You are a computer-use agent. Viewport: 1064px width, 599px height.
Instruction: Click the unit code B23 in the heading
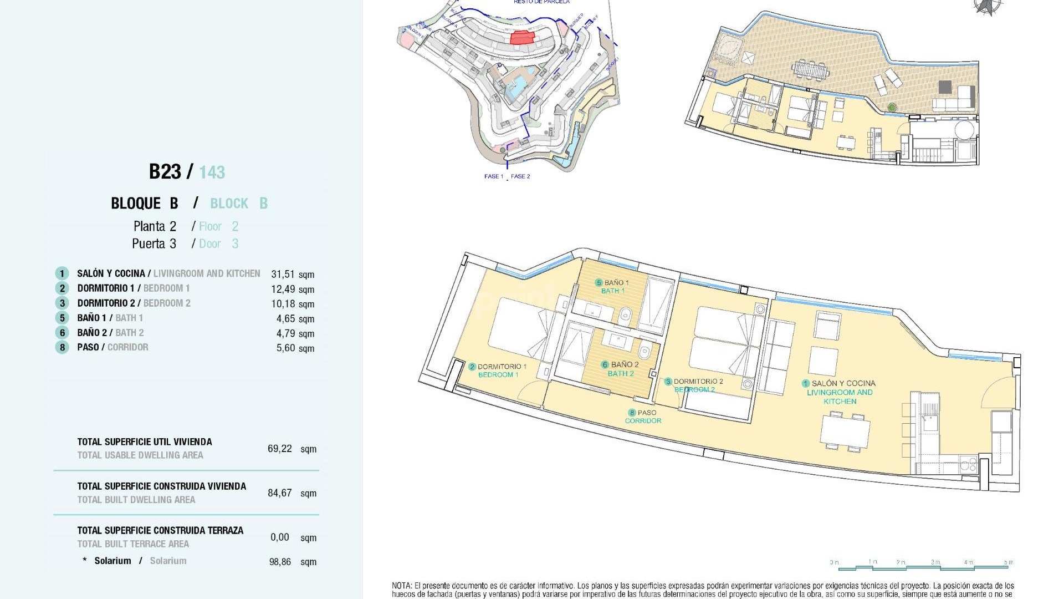pyautogui.click(x=165, y=172)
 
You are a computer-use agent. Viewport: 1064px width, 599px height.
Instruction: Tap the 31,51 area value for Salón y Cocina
pyautogui.click(x=283, y=274)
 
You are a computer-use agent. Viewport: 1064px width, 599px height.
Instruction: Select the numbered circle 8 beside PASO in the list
pyautogui.click(x=62, y=348)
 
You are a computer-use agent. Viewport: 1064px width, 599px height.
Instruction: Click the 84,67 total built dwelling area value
pyautogui.click(x=279, y=493)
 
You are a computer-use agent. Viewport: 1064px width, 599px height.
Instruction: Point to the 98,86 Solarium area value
pyautogui.click(x=280, y=562)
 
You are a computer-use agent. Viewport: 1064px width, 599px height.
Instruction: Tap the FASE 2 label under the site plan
pyautogui.click(x=520, y=176)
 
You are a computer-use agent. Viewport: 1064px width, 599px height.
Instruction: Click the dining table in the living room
pyautogui.click(x=845, y=431)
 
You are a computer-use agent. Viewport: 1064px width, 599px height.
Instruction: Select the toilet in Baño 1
pyautogui.click(x=625, y=317)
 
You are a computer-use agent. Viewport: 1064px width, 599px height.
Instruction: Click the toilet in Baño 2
pyautogui.click(x=644, y=351)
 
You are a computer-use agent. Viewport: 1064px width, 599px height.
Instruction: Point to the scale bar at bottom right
pyautogui.click(x=923, y=565)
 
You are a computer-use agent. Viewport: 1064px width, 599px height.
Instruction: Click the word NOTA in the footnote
pyautogui.click(x=402, y=586)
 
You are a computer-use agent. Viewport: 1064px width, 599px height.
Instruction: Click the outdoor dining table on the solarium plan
pyautogui.click(x=811, y=70)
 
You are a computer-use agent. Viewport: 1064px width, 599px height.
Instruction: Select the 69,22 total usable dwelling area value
pyautogui.click(x=279, y=449)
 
